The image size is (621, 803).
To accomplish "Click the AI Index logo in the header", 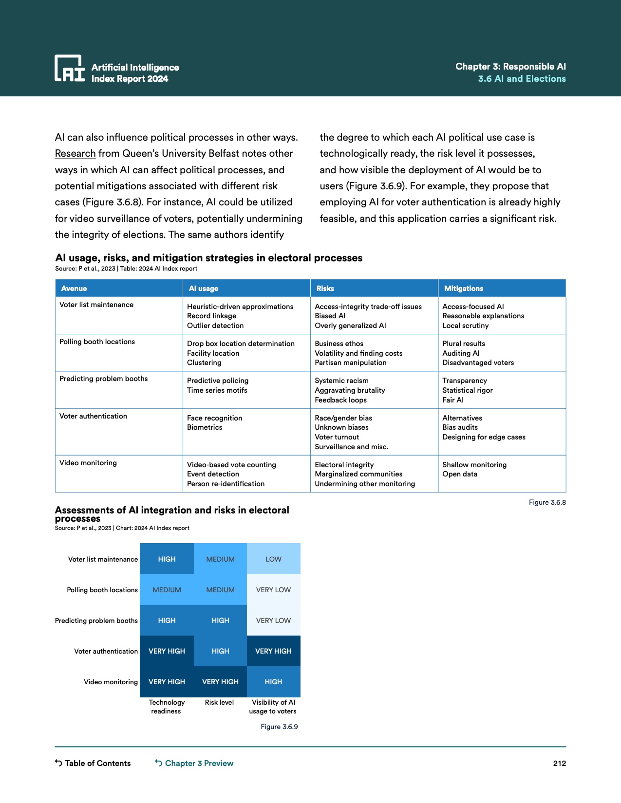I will (x=70, y=69).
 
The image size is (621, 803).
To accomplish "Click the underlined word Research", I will (x=75, y=154).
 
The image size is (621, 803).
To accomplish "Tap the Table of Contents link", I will (x=93, y=763).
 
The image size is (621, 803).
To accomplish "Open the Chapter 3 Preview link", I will (x=194, y=763).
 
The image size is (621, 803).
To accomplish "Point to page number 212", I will (x=559, y=763).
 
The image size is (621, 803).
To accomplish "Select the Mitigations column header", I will (x=463, y=289).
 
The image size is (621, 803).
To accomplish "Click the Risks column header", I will (x=325, y=289).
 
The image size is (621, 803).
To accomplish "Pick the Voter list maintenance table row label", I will (x=96, y=305).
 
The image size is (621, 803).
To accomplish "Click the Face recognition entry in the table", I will (x=214, y=418).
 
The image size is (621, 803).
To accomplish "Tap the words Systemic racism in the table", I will (x=341, y=381).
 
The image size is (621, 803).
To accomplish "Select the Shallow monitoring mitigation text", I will (x=474, y=465).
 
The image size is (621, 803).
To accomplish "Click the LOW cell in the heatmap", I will (x=273, y=559).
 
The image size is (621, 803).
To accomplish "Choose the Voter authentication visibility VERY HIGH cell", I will (x=273, y=651).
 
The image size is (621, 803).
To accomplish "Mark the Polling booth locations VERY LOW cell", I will (x=273, y=590).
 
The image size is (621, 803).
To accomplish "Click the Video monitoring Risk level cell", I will (x=220, y=682).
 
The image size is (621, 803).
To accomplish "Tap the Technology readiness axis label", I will (x=167, y=707).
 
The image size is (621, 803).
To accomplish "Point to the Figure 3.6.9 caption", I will (x=279, y=727).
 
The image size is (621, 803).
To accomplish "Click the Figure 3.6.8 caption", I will (x=547, y=502).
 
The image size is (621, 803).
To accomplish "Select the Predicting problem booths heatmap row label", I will (x=96, y=620).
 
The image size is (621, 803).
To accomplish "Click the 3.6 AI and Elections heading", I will (x=522, y=79).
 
